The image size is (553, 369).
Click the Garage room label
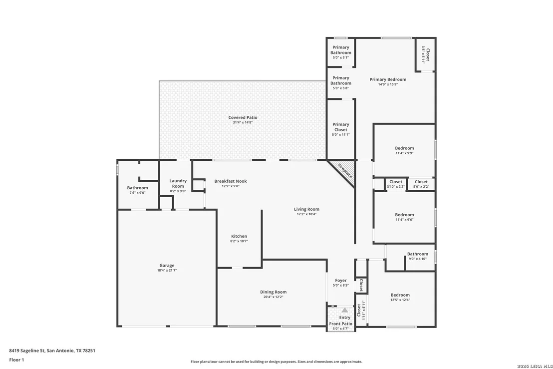pyautogui.click(x=167, y=265)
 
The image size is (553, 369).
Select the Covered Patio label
pyautogui.click(x=243, y=117)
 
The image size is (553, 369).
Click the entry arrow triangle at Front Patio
pyautogui.click(x=344, y=310)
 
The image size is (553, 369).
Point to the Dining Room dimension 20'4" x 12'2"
pyautogui.click(x=274, y=297)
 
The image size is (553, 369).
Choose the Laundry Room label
pyautogui.click(x=178, y=183)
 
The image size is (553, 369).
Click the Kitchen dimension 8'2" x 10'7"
pyautogui.click(x=239, y=241)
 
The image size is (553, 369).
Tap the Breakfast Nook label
pyautogui.click(x=231, y=181)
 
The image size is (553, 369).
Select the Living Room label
pyautogui.click(x=306, y=209)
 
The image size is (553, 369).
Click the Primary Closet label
pyautogui.click(x=341, y=127)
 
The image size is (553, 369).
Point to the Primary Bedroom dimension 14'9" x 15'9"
pyautogui.click(x=388, y=84)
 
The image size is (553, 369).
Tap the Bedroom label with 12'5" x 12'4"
pyautogui.click(x=400, y=295)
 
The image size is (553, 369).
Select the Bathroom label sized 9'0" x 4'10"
pyautogui.click(x=418, y=254)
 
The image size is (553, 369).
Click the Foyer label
pyautogui.click(x=341, y=281)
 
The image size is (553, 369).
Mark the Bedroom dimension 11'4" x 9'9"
pyautogui.click(x=405, y=153)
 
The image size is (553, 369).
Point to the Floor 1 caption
pyautogui.click(x=16, y=360)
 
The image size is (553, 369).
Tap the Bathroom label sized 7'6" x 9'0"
pyautogui.click(x=138, y=188)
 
